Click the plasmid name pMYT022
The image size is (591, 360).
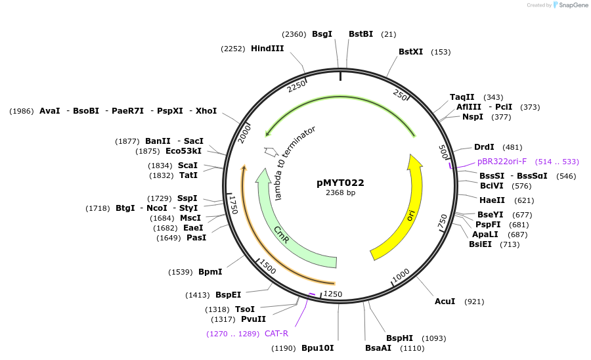(340, 183)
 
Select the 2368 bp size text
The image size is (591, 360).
(340, 193)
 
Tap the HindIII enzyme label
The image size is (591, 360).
(267, 48)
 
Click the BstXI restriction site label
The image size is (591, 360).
(411, 52)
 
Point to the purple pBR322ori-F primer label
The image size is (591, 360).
(502, 162)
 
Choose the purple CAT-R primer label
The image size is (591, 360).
(276, 333)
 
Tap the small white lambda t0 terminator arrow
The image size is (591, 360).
(270, 152)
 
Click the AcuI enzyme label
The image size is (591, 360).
(445, 302)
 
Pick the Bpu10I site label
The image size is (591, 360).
(317, 348)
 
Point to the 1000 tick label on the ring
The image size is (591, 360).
(400, 274)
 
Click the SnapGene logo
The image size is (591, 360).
(571, 5)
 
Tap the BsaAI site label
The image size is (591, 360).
(378, 348)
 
